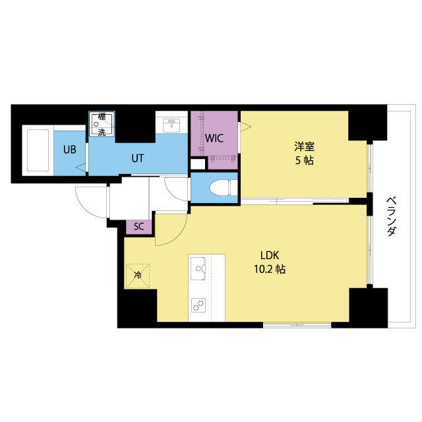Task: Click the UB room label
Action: (x=70, y=150)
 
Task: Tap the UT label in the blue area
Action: (x=138, y=158)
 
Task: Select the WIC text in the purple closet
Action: (x=214, y=138)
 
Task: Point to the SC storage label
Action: (x=139, y=227)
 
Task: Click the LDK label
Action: (x=270, y=255)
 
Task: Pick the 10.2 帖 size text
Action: (x=270, y=269)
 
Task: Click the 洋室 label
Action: (x=305, y=147)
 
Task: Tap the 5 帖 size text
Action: (x=305, y=161)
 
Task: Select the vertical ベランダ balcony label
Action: (x=392, y=216)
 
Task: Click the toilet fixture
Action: (x=223, y=187)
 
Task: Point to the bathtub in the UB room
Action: (x=38, y=150)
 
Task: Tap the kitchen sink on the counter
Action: (x=198, y=268)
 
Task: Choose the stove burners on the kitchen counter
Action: (x=198, y=305)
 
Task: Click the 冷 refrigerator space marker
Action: (x=138, y=276)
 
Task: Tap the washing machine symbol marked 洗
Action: (x=102, y=124)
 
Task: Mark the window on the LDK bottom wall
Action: (x=297, y=325)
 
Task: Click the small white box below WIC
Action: (x=198, y=164)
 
